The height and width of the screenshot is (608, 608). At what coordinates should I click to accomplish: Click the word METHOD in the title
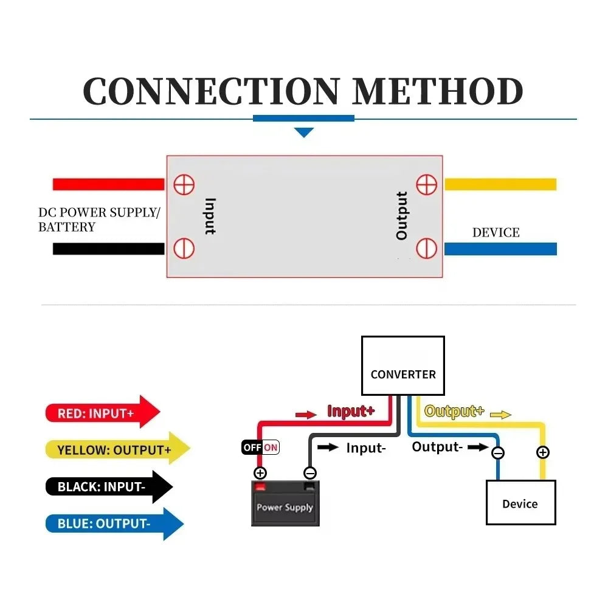pos(438,91)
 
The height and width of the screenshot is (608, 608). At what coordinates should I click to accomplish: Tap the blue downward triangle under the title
pos(303,132)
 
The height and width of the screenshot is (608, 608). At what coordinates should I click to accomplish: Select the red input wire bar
pos(109,184)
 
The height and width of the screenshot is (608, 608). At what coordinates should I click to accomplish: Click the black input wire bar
pos(109,249)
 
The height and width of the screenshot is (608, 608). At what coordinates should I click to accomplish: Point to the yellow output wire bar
pos(500,184)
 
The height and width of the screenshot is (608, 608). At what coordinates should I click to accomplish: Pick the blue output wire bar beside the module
pos(500,249)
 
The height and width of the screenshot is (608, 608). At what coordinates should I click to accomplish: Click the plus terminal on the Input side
pos(184,184)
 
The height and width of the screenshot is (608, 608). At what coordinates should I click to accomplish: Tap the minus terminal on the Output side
pos(427,248)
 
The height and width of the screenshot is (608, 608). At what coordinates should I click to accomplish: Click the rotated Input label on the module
pos(210,216)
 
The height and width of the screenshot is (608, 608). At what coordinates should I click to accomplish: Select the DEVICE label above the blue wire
pos(496,233)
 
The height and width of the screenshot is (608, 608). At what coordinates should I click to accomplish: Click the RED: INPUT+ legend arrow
pos(103,412)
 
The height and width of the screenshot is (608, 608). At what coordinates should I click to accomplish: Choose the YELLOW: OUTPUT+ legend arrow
pos(118,448)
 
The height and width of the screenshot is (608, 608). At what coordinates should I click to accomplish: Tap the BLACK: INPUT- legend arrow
pos(109,486)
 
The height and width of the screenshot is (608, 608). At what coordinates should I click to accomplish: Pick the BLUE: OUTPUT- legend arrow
pos(114,523)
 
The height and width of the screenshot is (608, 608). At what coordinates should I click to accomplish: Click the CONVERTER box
pos(403,365)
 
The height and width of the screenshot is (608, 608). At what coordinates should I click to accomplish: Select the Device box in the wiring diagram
pos(521,503)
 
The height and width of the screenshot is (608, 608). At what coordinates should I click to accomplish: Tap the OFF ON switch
pos(260,447)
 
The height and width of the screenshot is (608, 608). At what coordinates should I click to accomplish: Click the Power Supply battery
pos(285,503)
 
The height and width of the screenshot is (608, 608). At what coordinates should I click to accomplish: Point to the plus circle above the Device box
pos(542,452)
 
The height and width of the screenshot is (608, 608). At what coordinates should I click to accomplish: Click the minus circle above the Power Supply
pos(310,473)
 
